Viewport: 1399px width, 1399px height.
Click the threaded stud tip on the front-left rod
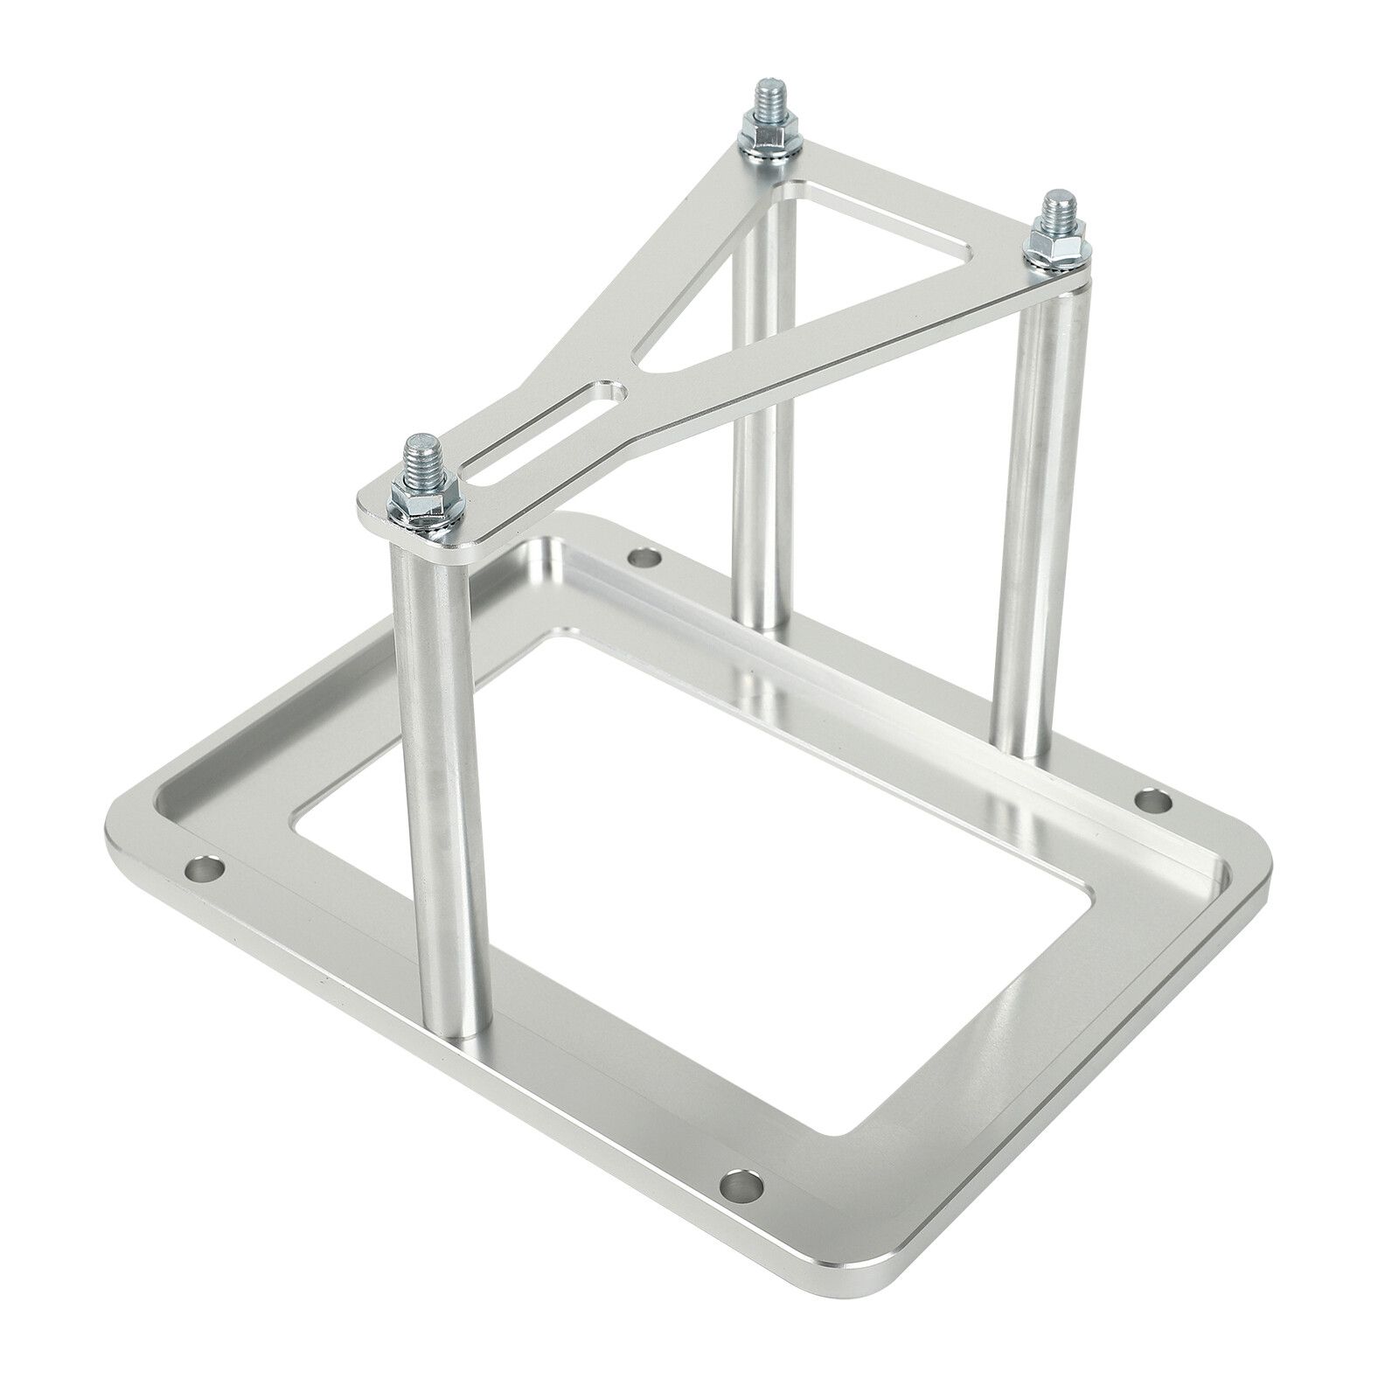417,453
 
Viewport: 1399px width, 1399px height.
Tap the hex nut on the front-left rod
421,498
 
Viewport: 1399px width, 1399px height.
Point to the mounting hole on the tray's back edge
645,556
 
